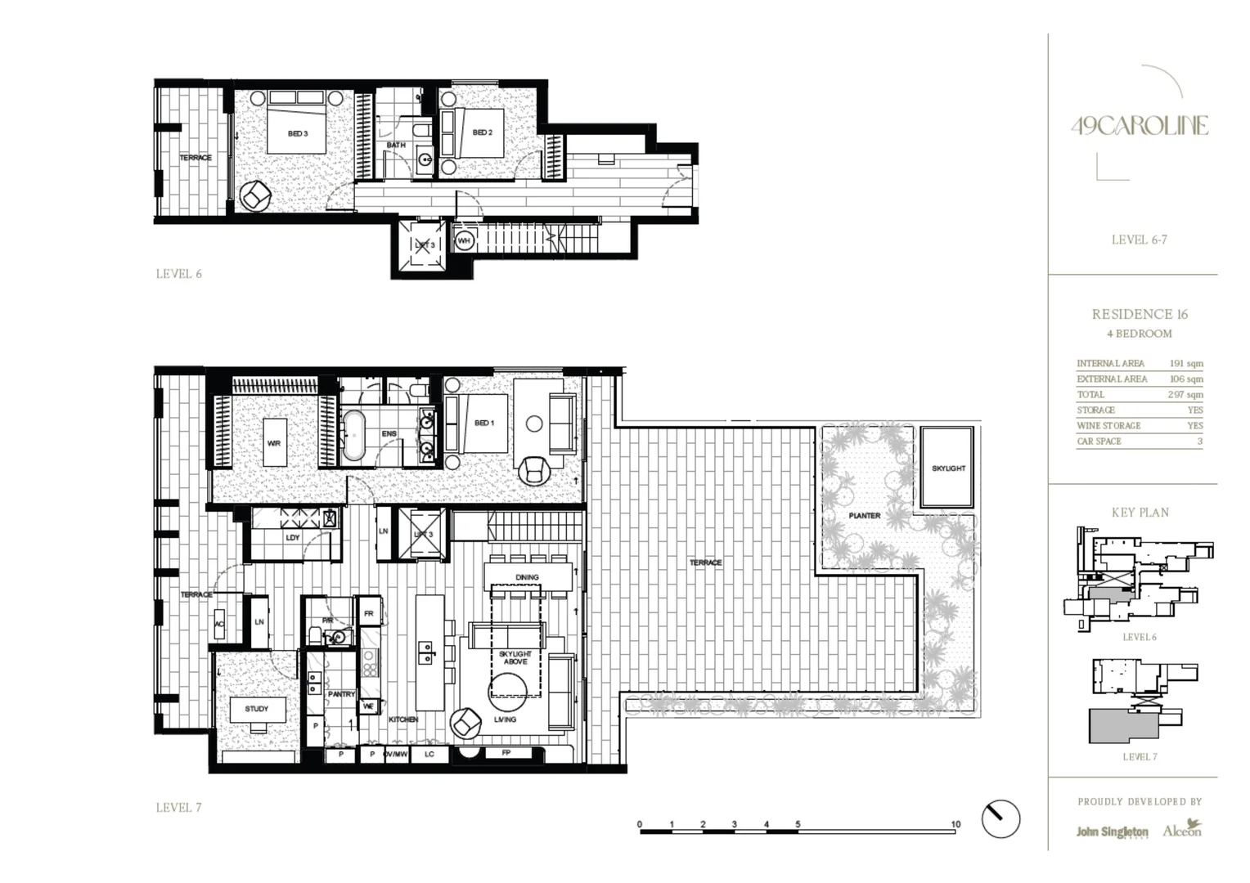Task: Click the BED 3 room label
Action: pyautogui.click(x=298, y=133)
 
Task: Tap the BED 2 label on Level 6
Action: pyautogui.click(x=483, y=132)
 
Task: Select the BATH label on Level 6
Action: pyautogui.click(x=396, y=146)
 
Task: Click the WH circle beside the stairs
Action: pyautogui.click(x=464, y=241)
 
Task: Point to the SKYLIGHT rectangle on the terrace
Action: pyautogui.click(x=948, y=468)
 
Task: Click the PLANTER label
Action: pyautogui.click(x=864, y=516)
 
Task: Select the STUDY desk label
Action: pyautogui.click(x=256, y=709)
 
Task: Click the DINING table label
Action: pyautogui.click(x=527, y=577)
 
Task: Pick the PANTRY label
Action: pyautogui.click(x=341, y=694)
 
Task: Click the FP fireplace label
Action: pyautogui.click(x=506, y=753)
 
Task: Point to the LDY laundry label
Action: pyautogui.click(x=293, y=538)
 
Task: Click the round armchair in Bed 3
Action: pyautogui.click(x=256, y=195)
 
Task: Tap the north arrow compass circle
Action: pyautogui.click(x=1000, y=818)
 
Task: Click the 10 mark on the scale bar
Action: pyautogui.click(x=955, y=825)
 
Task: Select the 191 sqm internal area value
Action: pyautogui.click(x=1186, y=363)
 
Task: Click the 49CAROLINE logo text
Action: pyautogui.click(x=1140, y=126)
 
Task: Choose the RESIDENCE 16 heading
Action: pyautogui.click(x=1140, y=314)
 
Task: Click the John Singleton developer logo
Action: pyautogui.click(x=1112, y=831)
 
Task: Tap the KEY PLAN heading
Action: pyautogui.click(x=1140, y=513)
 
